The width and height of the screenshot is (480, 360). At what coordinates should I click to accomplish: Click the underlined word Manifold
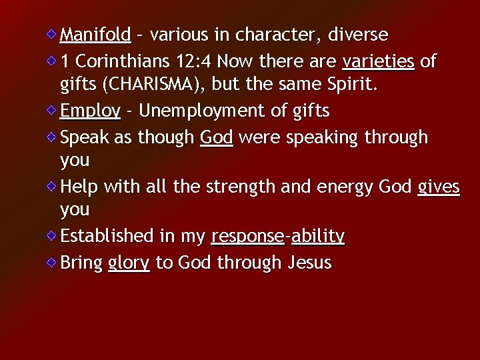(x=95, y=34)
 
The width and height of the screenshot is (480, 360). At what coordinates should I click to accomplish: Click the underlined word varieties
(x=378, y=62)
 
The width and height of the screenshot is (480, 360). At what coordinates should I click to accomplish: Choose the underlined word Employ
(x=90, y=111)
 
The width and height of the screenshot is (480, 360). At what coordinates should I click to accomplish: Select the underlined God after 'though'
(x=216, y=137)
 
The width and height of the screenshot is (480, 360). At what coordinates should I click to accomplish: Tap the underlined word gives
(x=438, y=188)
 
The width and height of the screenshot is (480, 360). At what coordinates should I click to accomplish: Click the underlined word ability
(x=317, y=237)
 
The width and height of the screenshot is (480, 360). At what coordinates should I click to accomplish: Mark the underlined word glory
(x=129, y=263)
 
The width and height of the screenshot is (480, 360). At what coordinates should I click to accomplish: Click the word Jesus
(x=309, y=263)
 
